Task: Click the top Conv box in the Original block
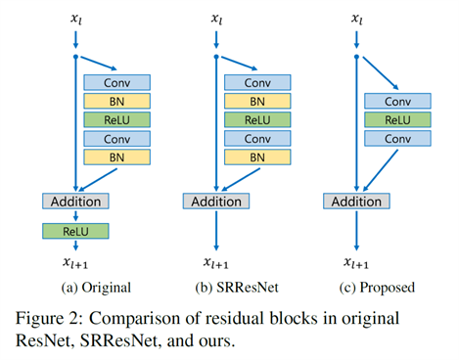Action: click(x=116, y=84)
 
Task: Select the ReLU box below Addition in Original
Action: click(x=75, y=231)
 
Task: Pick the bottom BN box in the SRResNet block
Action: click(x=257, y=157)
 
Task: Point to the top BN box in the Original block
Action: click(x=116, y=102)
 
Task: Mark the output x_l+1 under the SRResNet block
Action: click(x=216, y=261)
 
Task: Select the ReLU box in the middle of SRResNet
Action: click(x=257, y=119)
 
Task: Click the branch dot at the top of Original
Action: click(x=75, y=58)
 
